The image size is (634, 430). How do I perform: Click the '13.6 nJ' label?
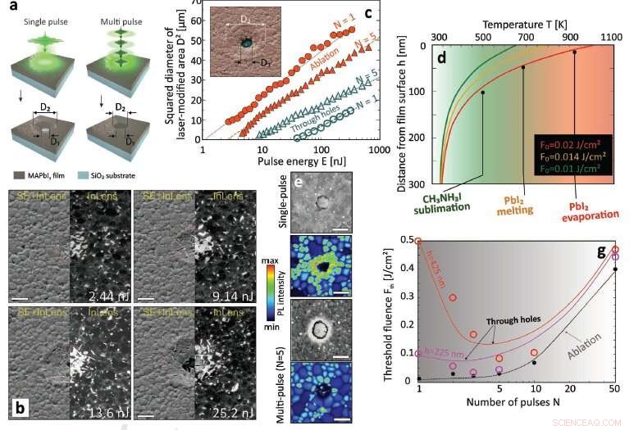(102, 402)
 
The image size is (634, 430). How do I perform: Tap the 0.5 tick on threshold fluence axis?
(404, 240)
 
